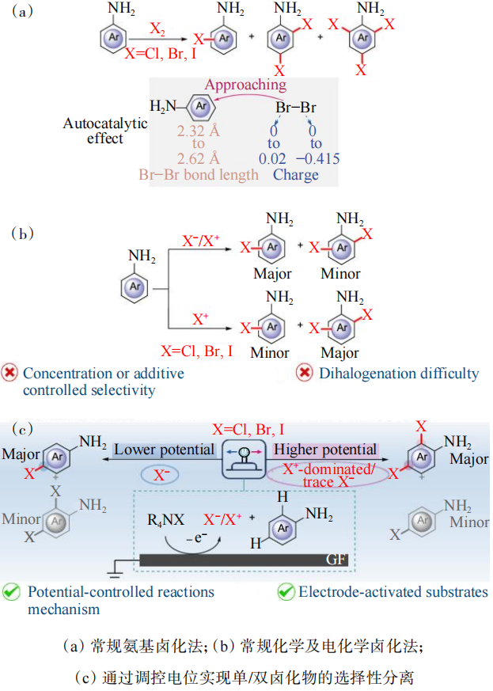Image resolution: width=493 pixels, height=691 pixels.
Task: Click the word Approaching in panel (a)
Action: [245, 85]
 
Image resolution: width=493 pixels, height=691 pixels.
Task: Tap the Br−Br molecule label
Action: [295, 106]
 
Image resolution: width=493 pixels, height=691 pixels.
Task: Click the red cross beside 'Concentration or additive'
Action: [12, 373]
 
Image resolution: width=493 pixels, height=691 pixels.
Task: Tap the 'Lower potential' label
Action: [164, 450]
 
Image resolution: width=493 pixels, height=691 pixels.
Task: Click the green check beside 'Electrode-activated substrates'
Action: [286, 591]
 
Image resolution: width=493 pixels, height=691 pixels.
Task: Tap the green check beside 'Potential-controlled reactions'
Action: [12, 591]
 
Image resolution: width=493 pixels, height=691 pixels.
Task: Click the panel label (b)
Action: [24, 234]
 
